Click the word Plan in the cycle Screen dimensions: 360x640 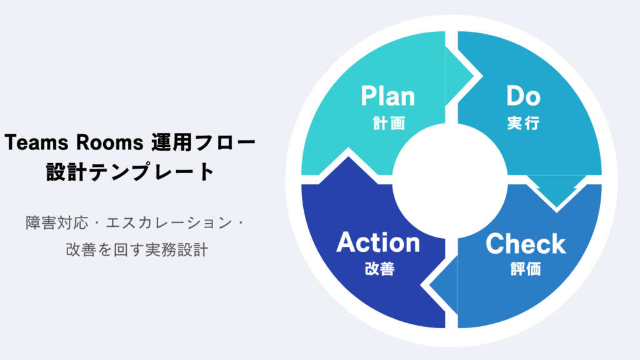tap(387, 97)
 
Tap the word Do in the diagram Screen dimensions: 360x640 tap(523, 96)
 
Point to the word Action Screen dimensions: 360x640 tap(378, 242)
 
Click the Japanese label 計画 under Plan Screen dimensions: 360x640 tap(388, 123)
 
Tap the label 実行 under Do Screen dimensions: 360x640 tap(523, 123)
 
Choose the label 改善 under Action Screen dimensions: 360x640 tap(379, 269)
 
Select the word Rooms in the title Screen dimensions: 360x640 tap(106, 143)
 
